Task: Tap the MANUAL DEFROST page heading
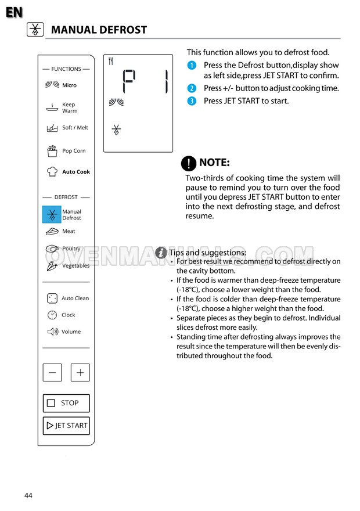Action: pyautogui.click(x=99, y=30)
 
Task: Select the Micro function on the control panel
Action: pyautogui.click(x=69, y=85)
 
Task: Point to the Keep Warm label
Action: pyautogui.click(x=69, y=107)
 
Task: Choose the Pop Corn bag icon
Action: pyautogui.click(x=52, y=151)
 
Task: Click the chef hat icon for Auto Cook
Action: pyautogui.click(x=52, y=172)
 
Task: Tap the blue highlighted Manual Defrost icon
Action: pyautogui.click(x=52, y=215)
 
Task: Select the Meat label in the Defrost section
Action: pyautogui.click(x=69, y=231)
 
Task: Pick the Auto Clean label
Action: pyautogui.click(x=75, y=298)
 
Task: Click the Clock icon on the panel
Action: pyautogui.click(x=52, y=315)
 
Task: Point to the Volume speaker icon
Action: pyautogui.click(x=52, y=332)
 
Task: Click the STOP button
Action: pyautogui.click(x=66, y=403)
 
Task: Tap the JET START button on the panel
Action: pyautogui.click(x=66, y=426)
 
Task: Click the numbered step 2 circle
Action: pyautogui.click(x=192, y=88)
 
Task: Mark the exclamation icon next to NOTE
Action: pyautogui.click(x=188, y=163)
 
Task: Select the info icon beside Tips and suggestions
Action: pyautogui.click(x=161, y=253)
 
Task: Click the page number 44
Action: pyautogui.click(x=28, y=495)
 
